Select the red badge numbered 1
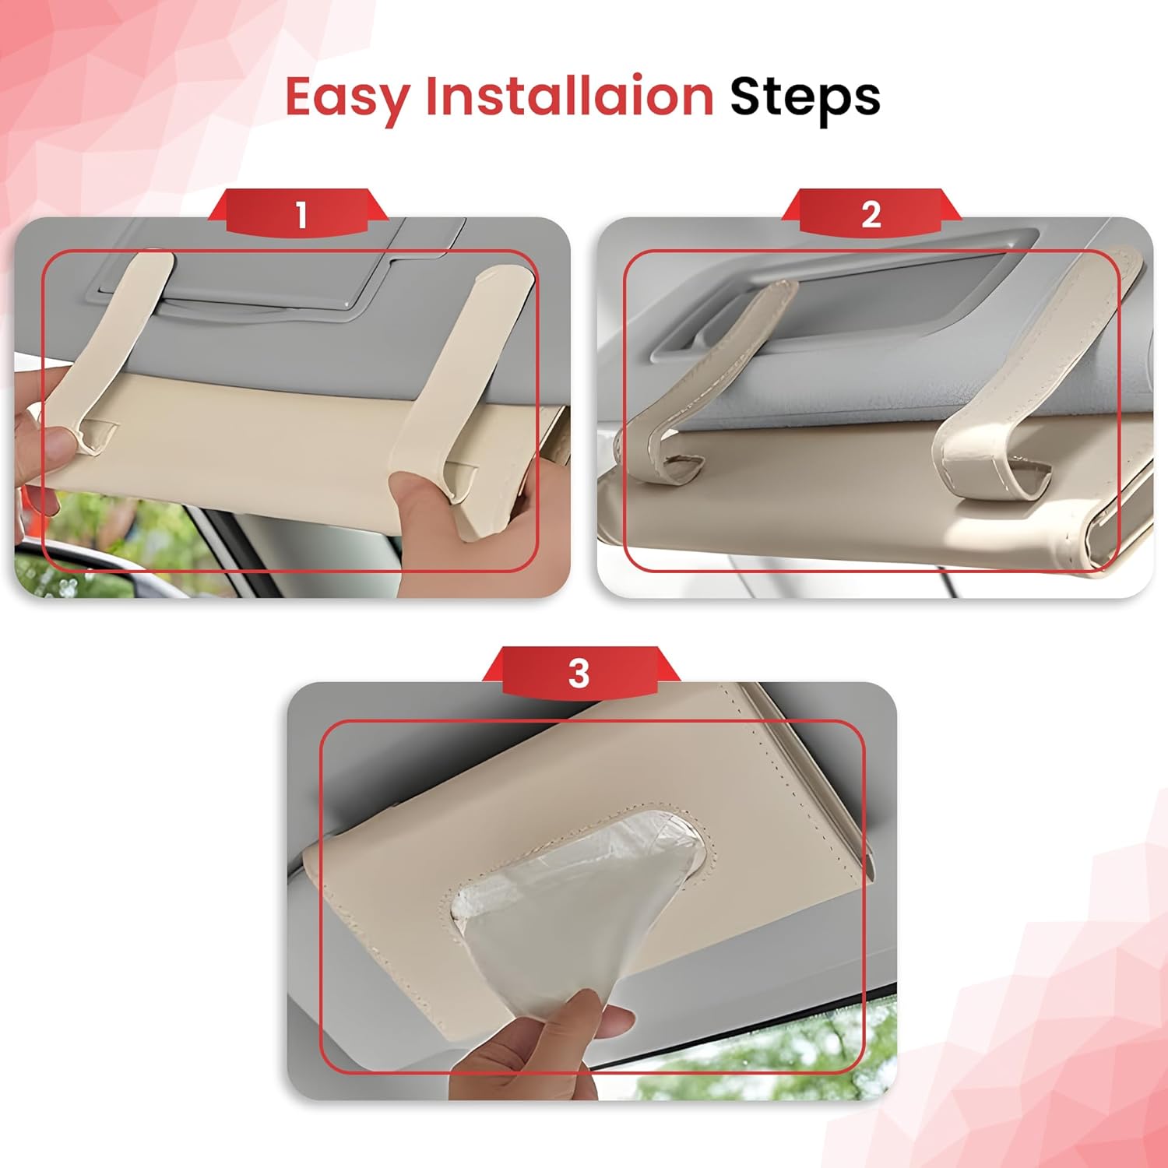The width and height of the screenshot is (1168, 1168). tap(301, 213)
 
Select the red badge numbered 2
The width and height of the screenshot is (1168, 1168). tap(871, 213)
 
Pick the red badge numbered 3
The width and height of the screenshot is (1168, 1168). tap(579, 673)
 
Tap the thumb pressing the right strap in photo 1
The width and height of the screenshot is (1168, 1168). tap(424, 506)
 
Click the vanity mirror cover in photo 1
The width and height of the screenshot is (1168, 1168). tap(280, 280)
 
